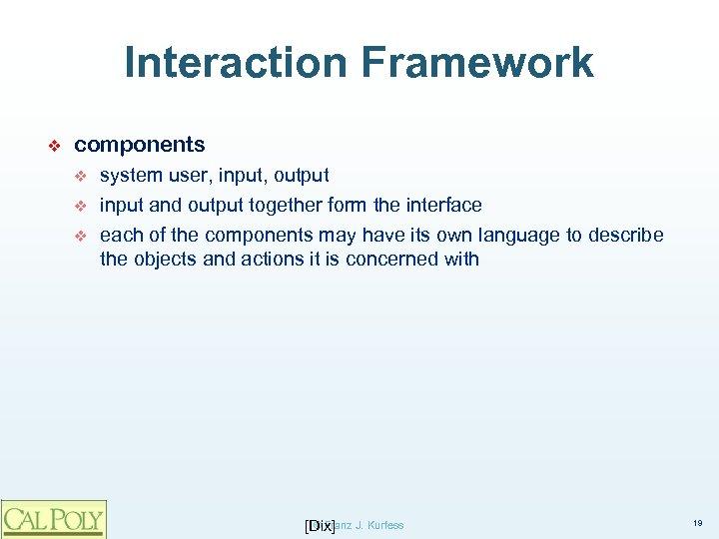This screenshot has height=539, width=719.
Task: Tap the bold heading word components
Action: (140, 145)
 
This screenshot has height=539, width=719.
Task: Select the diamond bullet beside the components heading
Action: (56, 146)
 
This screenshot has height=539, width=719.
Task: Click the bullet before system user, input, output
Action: (83, 177)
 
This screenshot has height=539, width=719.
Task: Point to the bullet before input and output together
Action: (83, 206)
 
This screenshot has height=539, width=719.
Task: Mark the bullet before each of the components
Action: (83, 236)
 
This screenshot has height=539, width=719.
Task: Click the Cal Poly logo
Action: (53, 518)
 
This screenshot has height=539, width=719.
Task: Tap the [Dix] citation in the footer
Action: (319, 525)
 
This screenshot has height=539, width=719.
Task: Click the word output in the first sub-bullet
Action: (300, 176)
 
